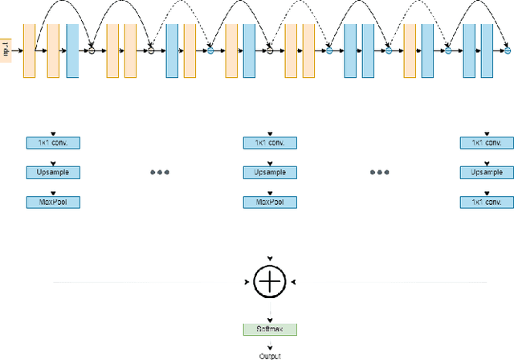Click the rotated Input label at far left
(7, 50)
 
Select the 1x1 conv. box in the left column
(54, 143)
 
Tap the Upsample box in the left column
(54, 172)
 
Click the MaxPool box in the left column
(54, 202)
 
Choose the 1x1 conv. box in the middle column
(270, 143)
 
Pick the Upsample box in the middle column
(270, 172)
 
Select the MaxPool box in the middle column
(270, 202)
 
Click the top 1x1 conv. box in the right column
(486, 143)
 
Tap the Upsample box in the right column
(486, 172)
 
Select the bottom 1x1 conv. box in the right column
(486, 202)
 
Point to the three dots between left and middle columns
(161, 173)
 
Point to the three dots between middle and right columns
(379, 173)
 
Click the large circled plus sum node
(270, 281)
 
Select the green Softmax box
(270, 329)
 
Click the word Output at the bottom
(270, 355)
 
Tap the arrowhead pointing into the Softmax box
(270, 320)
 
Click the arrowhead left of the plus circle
(245, 281)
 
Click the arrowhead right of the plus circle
(296, 281)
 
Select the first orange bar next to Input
(30, 51)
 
